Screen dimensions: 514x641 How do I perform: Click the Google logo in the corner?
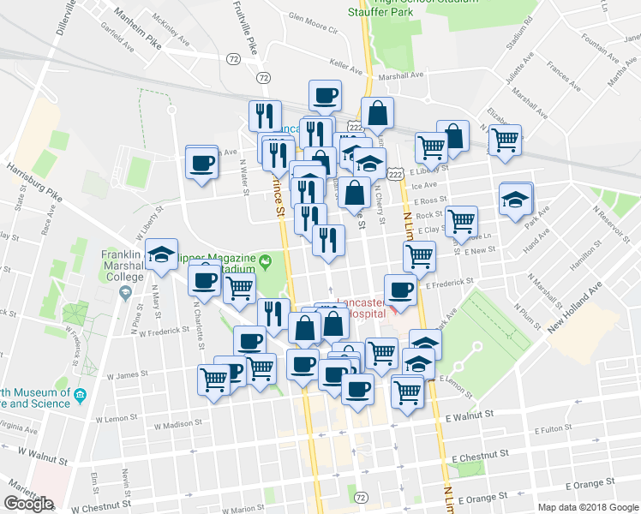29,504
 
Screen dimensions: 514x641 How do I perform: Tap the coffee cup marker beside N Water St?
203,161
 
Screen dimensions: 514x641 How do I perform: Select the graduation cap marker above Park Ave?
515,200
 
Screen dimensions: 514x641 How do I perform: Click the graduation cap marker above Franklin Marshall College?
161,254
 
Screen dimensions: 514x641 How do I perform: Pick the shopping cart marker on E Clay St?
462,221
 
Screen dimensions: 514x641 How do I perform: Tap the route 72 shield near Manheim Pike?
234,59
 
